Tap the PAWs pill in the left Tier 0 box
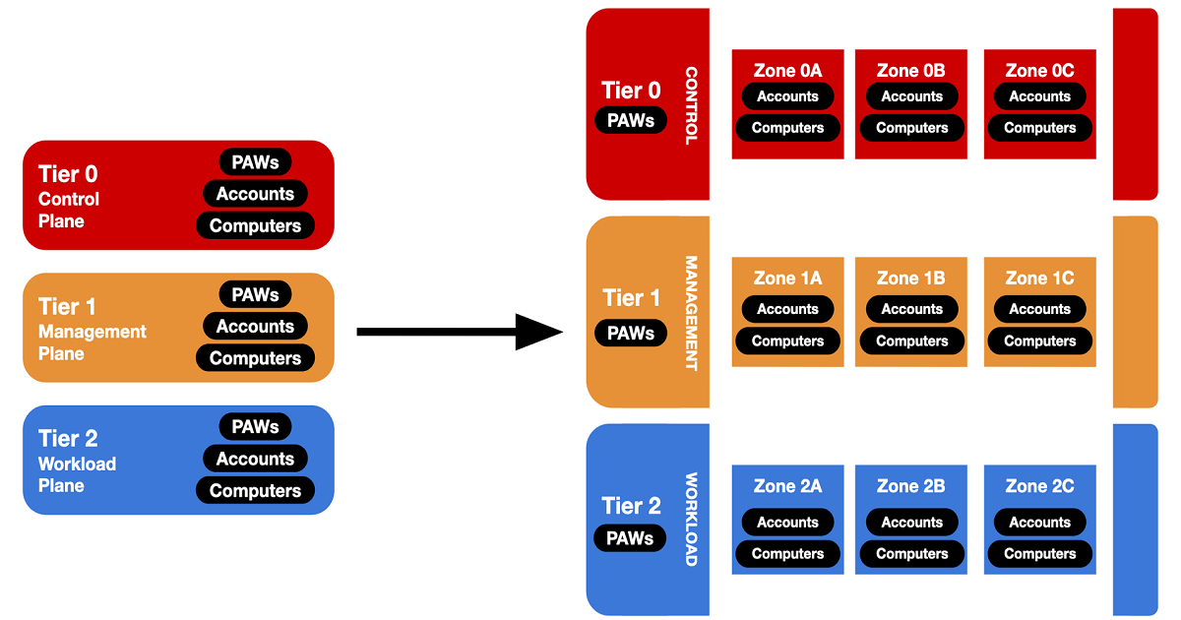coord(255,161)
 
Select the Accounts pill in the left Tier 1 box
coord(255,327)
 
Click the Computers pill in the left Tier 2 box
coord(255,490)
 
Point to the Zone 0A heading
coord(787,71)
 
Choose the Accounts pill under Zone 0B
coord(911,96)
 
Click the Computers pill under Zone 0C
coord(1039,128)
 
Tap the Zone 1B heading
coord(911,279)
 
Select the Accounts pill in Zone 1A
coord(787,309)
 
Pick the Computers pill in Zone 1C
coord(1039,341)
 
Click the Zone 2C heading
coord(1039,486)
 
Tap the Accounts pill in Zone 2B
coord(911,522)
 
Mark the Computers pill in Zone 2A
coord(787,554)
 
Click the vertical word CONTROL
coord(691,105)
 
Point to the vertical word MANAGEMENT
coord(691,313)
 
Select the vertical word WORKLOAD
coord(691,520)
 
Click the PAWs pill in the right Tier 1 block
coord(631,333)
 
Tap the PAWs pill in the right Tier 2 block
coord(630,538)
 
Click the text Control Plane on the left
coord(68,210)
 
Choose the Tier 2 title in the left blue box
coord(68,438)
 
